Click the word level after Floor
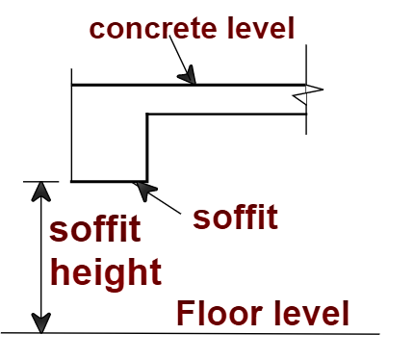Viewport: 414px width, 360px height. pyautogui.click(x=309, y=314)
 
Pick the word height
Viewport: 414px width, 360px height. pyautogui.click(x=105, y=273)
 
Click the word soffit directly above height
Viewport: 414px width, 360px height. pyautogui.click(x=95, y=231)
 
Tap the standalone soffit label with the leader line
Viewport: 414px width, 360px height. pyautogui.click(x=235, y=217)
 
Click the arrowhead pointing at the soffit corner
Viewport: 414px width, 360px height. pyautogui.click(x=143, y=190)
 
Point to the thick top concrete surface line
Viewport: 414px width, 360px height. pyautogui.click(x=241, y=85)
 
